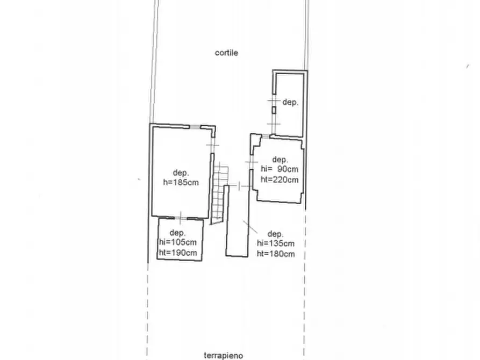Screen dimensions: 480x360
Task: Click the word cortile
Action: click(226, 53)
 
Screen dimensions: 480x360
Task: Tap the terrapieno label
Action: click(224, 355)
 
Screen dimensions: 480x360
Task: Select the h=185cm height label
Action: click(181, 183)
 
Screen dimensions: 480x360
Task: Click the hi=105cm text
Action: click(178, 242)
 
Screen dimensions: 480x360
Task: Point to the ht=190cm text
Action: click(178, 253)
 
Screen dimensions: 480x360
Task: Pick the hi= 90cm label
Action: click(280, 169)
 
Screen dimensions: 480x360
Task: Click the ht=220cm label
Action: click(280, 179)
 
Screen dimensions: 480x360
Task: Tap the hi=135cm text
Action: click(276, 243)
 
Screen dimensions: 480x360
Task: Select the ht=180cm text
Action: click(276, 254)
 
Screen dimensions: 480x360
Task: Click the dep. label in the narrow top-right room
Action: click(290, 102)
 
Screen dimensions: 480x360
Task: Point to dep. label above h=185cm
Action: click(181, 173)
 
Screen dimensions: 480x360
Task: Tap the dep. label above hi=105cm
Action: click(177, 233)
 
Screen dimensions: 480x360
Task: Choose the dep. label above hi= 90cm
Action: click(280, 160)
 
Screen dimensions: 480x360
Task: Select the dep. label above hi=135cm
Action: click(276, 234)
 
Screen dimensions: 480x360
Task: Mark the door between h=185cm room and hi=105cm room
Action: click(181, 218)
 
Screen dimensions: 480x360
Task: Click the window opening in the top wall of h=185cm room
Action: click(195, 127)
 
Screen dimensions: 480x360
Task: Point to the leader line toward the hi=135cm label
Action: click(250, 227)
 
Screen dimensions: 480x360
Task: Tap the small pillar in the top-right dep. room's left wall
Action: click(274, 110)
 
